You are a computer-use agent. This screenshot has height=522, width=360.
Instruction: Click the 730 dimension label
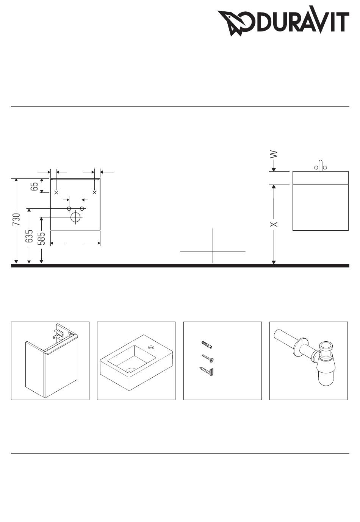coord(16,219)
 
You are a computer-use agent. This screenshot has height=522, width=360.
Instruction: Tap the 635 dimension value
coord(29,236)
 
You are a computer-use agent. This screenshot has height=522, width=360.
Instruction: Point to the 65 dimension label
coord(34,186)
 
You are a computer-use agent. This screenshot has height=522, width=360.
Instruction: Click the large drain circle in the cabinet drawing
coord(75,217)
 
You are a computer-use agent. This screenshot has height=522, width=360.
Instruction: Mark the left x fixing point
coord(56,192)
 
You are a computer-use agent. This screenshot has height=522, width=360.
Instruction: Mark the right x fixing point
coord(94,192)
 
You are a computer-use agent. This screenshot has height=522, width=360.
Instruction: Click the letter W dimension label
coord(274,154)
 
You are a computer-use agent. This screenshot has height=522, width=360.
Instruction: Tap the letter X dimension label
coord(274,224)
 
